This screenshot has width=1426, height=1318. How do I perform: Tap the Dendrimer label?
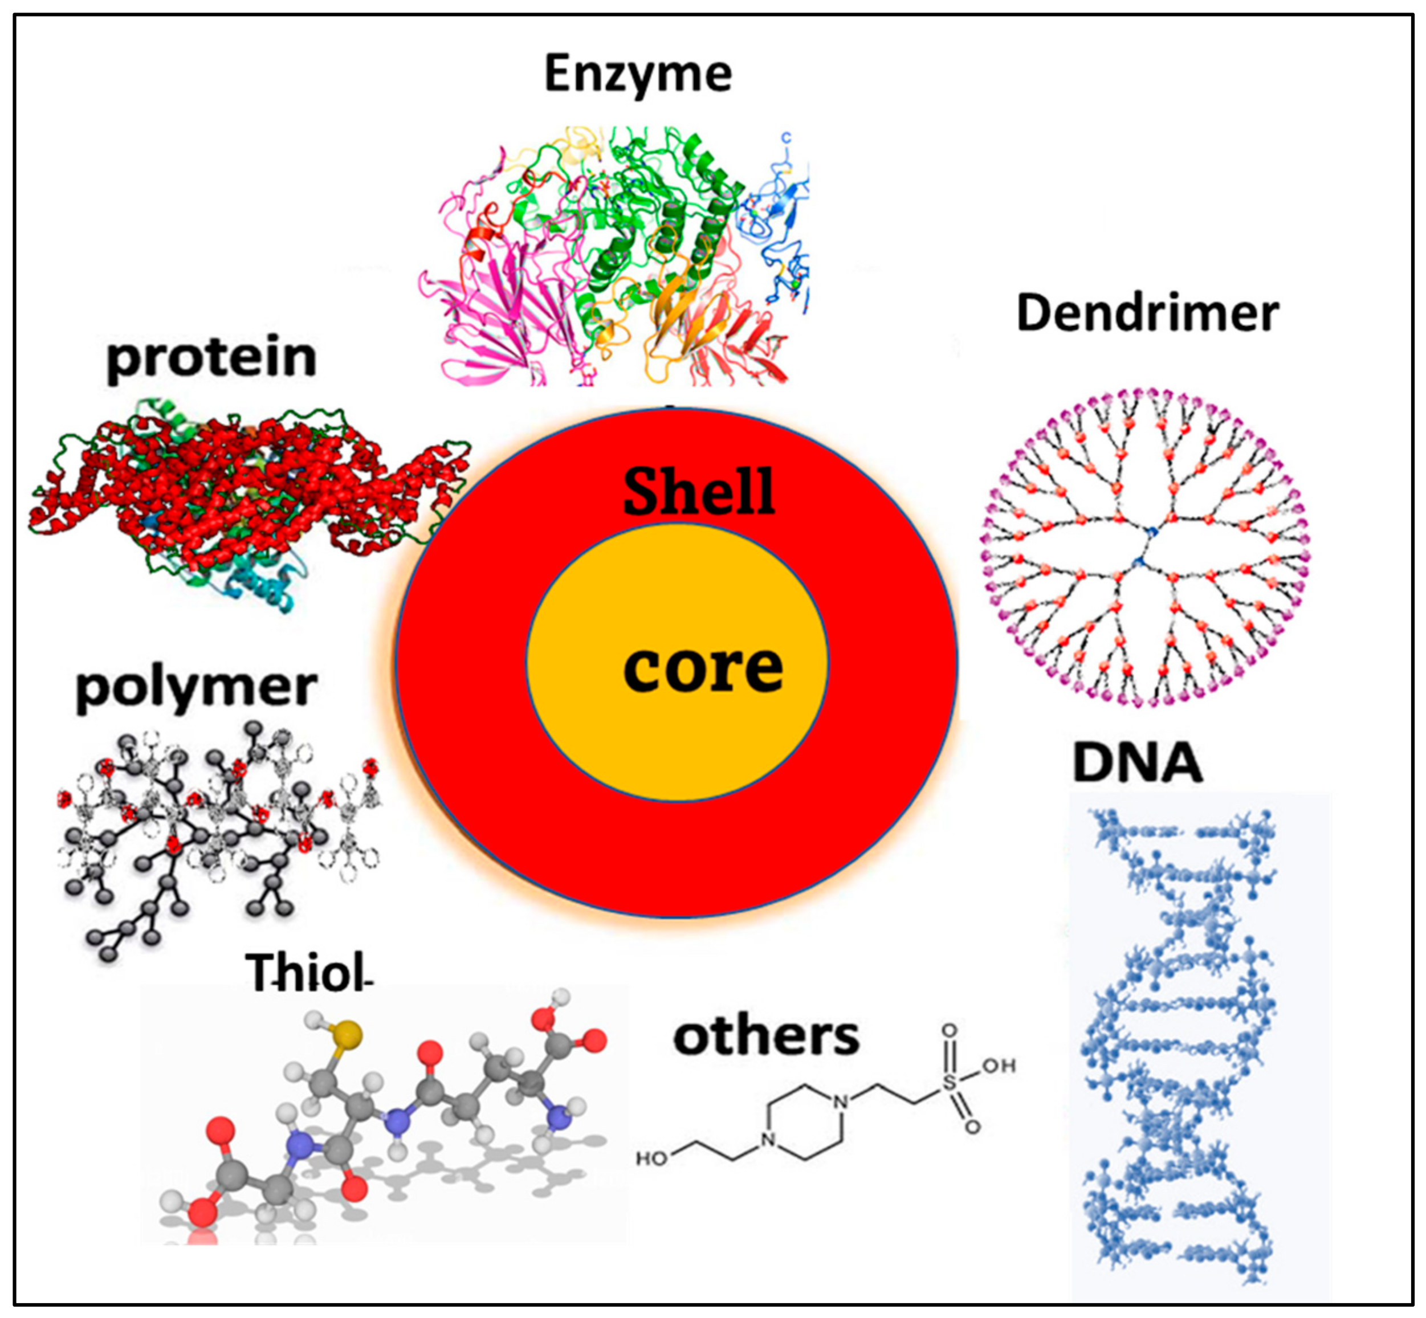coord(1147,314)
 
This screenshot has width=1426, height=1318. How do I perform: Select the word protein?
coord(211,359)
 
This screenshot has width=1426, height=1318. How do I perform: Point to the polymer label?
coord(195,688)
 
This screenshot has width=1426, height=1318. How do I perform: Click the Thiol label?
coord(307,972)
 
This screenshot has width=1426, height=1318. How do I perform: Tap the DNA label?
coord(1137,762)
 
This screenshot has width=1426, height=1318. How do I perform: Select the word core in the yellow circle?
coord(703,668)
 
